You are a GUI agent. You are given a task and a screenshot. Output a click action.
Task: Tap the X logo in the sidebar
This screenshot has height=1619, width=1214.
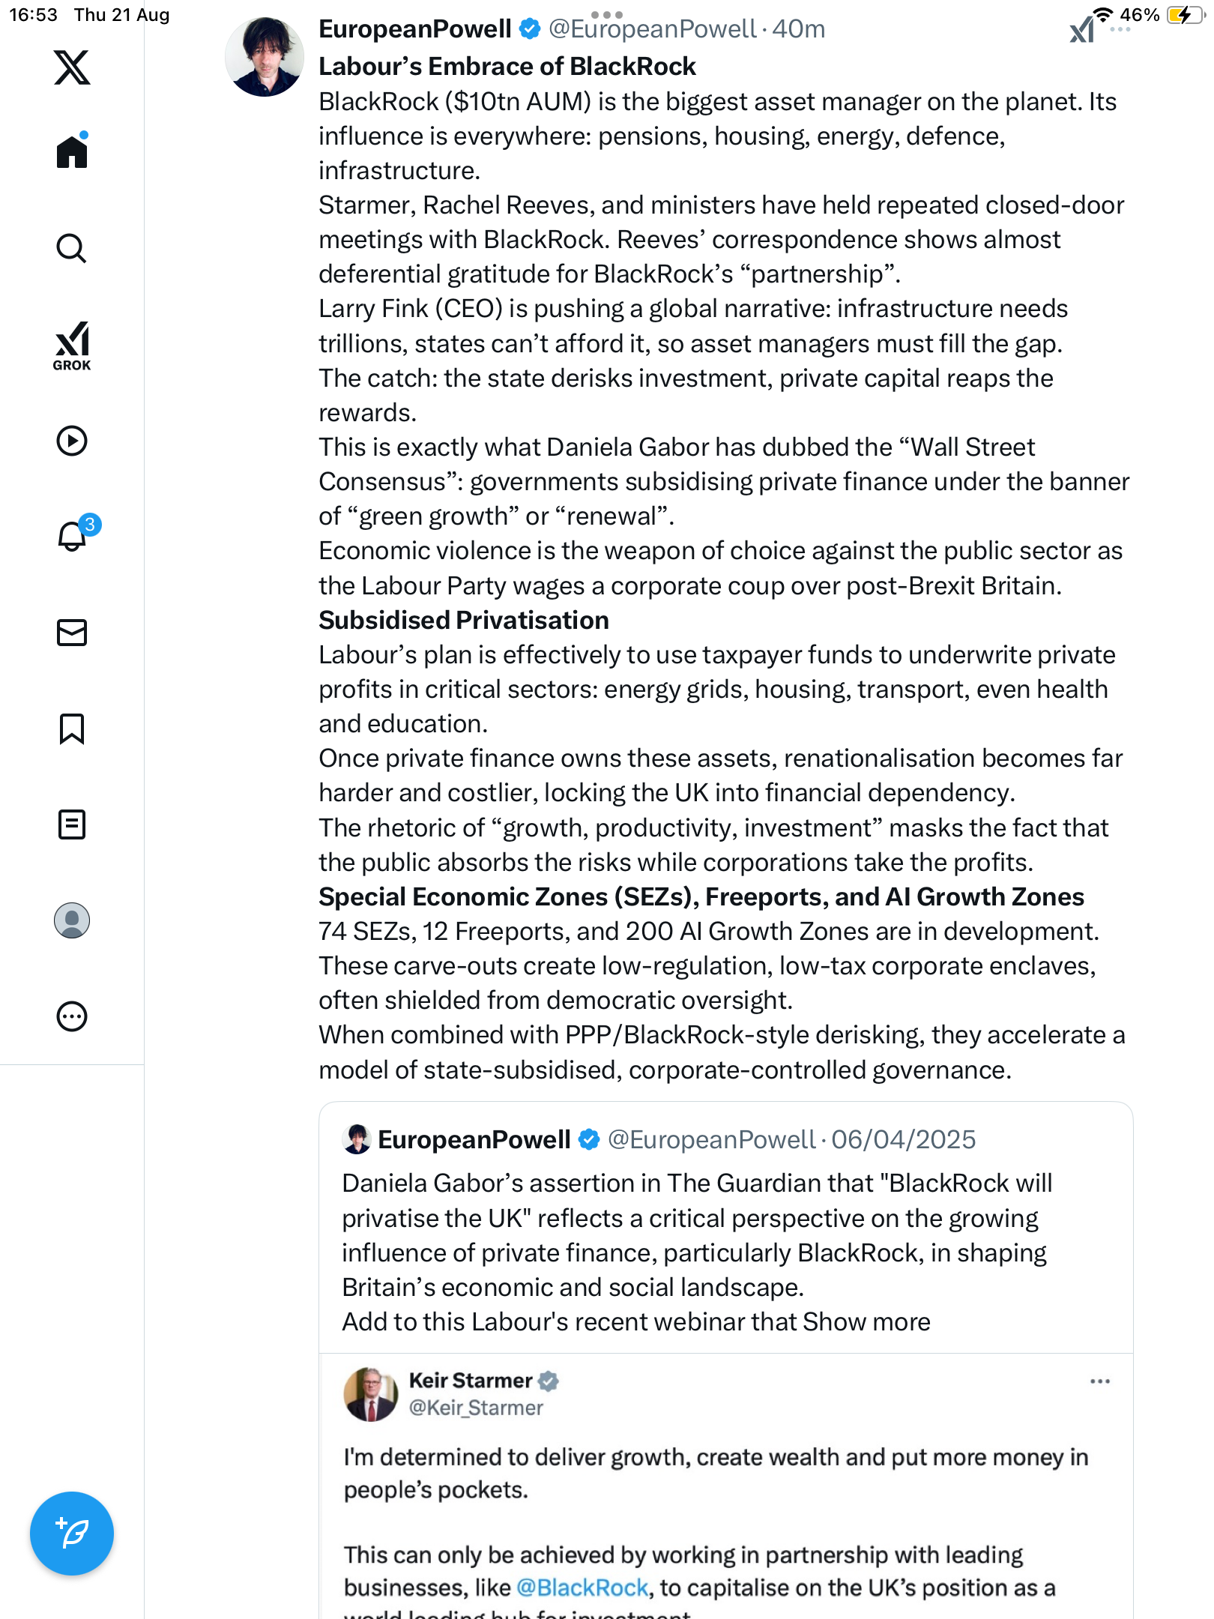(72, 67)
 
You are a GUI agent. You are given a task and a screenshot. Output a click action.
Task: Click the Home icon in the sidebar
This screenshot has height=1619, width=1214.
(72, 152)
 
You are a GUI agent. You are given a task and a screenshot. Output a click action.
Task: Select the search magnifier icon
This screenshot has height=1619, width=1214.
(72, 249)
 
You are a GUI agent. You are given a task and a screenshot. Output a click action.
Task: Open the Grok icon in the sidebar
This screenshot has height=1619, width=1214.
(72, 346)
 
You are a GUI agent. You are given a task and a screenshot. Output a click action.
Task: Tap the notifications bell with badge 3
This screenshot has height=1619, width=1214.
(73, 535)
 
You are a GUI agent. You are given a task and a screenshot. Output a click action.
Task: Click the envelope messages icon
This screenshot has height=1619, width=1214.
(72, 633)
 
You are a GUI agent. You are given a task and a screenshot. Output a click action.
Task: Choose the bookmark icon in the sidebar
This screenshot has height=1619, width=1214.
(72, 729)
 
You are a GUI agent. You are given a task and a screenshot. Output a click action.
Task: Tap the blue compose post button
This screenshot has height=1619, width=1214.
(72, 1533)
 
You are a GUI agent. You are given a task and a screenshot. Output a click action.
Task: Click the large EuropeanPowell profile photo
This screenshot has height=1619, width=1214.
(265, 57)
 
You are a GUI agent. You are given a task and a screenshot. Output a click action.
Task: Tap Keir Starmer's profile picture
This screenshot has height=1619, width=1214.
(370, 1394)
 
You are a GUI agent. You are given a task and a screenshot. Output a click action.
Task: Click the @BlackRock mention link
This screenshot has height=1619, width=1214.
(582, 1588)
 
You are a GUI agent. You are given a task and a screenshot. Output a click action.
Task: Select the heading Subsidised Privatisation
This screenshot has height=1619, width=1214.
(464, 621)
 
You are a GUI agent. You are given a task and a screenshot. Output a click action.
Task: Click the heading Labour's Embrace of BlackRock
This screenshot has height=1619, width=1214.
(507, 67)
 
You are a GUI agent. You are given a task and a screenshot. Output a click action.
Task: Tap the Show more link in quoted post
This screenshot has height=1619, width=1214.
(866, 1322)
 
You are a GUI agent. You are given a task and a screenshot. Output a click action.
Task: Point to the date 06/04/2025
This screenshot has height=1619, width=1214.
(903, 1140)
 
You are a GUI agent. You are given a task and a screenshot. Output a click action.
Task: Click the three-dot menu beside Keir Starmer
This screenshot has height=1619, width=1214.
(1099, 1381)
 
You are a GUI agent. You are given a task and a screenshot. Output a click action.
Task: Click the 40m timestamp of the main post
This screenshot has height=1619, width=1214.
(799, 29)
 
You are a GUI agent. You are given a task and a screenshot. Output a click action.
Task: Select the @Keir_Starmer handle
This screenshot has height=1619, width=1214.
(476, 1408)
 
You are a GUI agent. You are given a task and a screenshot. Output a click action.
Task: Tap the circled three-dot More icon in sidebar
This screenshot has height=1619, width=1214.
(72, 1017)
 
